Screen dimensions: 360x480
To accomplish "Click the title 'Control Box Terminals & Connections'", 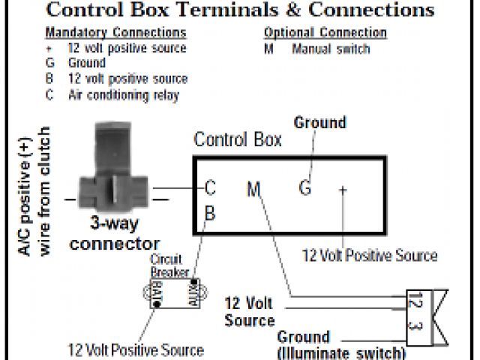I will [x=240, y=10].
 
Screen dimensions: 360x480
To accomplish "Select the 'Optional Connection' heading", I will [x=325, y=34].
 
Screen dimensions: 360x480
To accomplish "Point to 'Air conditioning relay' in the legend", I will [x=124, y=95].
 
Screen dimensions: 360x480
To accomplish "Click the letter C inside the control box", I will [x=211, y=188].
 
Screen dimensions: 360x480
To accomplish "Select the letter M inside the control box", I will [x=253, y=190].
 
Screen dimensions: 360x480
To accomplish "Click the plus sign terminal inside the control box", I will [x=343, y=190].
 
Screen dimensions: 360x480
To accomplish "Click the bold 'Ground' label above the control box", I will [x=319, y=122].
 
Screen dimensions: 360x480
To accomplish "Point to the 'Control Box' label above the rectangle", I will [x=237, y=139].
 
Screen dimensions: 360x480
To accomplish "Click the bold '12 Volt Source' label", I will [x=249, y=312].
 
